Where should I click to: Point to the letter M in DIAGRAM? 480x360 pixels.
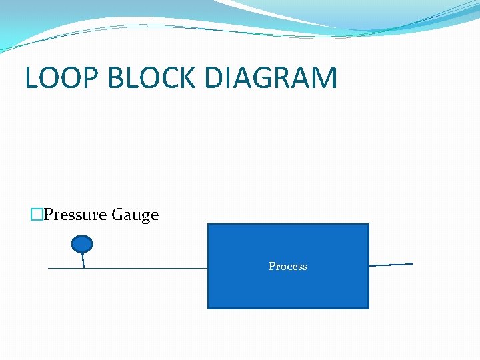coord(323,78)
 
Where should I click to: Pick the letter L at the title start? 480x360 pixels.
coord(31,78)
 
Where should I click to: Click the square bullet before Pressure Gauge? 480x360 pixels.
coord(37,215)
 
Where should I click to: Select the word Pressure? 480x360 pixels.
coord(75,215)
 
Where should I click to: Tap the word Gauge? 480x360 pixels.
coord(135,215)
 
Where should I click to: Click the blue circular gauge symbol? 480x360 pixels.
coord(82,244)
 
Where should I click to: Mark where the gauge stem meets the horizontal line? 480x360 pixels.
coord(83,268)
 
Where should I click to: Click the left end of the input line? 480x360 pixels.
coord(49,268)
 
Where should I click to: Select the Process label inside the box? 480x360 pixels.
coord(288,266)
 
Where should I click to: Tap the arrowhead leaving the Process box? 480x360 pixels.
coord(410,264)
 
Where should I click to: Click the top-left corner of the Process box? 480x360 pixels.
coord(209,225)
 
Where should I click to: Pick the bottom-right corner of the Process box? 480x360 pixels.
coord(368,308)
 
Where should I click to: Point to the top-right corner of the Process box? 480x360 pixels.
coord(368,225)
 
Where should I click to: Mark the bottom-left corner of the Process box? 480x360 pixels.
coord(209,308)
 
